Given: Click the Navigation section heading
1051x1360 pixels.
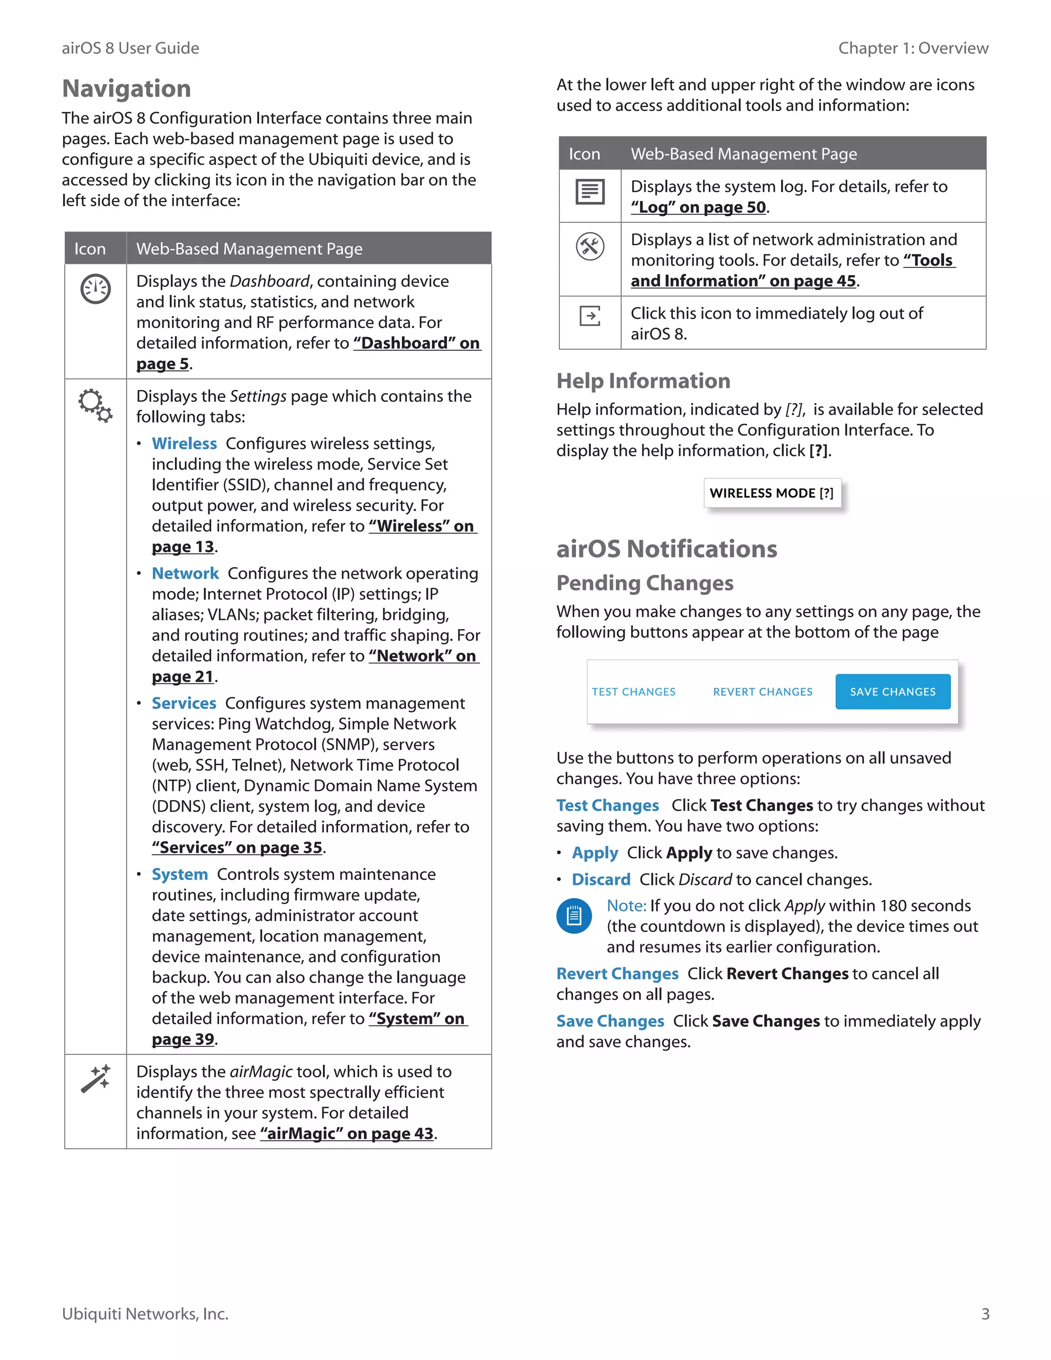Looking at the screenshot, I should point(126,88).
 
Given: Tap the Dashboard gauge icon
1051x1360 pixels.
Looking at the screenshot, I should point(95,289).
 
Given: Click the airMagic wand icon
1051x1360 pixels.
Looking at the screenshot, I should point(95,1079).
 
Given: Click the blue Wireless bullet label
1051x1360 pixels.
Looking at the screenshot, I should point(184,443).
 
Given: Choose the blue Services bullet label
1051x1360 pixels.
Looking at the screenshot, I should point(184,703).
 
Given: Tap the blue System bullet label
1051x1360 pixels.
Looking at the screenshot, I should point(179,875).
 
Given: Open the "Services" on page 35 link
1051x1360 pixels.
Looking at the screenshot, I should point(237,847).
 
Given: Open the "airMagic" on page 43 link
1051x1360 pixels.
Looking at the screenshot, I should point(347,1133).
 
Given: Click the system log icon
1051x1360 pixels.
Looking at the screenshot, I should point(590,192).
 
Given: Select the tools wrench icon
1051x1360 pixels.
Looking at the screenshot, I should point(590,246).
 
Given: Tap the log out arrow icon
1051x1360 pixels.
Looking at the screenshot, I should point(590,316).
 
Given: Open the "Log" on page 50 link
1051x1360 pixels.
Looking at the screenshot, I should point(698,207).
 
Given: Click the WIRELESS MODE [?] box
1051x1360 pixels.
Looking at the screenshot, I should point(771,493).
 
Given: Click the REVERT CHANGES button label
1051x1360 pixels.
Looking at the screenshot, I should point(763,692).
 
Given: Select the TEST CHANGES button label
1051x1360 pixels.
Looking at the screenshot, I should point(633,692).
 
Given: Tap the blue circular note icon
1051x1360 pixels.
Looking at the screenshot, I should point(573,916).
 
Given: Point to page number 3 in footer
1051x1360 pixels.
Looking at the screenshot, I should point(985,1314).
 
